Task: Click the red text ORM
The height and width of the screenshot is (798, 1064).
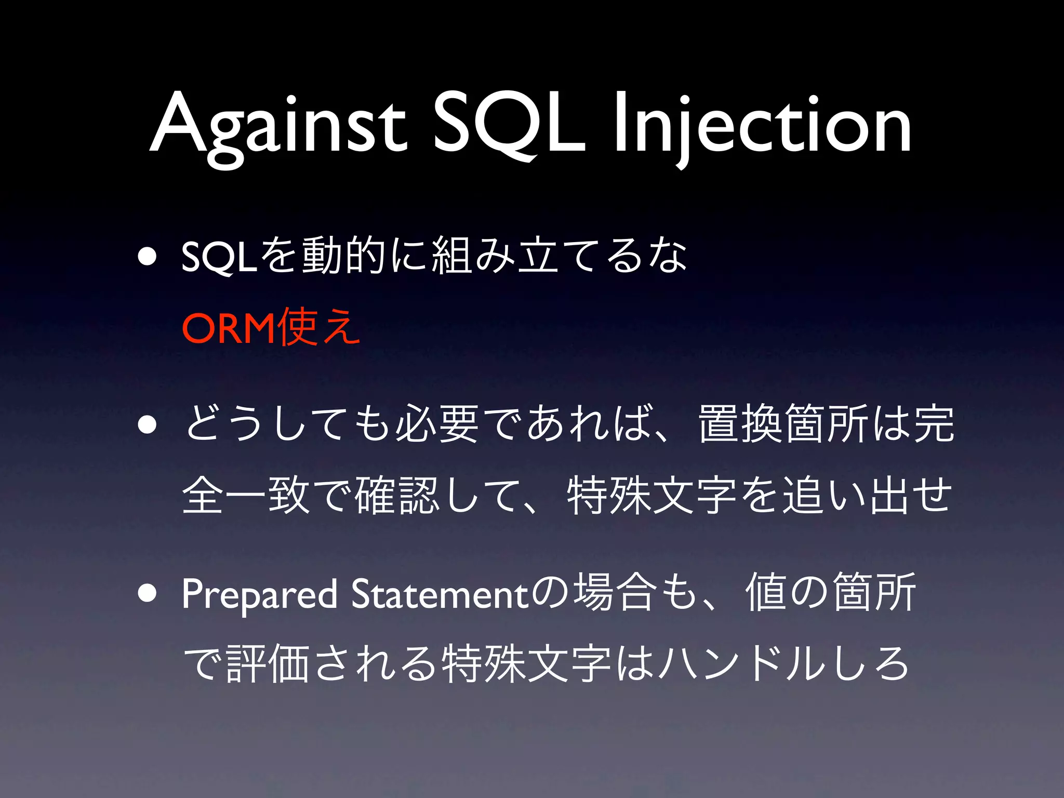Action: [228, 329]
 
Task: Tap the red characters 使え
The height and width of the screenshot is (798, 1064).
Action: [318, 328]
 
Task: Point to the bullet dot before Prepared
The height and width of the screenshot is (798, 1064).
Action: [148, 593]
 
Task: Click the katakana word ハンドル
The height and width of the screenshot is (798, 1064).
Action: [743, 663]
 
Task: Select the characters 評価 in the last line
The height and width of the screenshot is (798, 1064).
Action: [269, 663]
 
